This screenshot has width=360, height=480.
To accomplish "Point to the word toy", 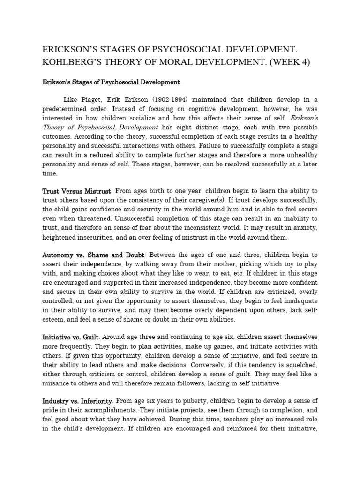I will pos(296,264).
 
